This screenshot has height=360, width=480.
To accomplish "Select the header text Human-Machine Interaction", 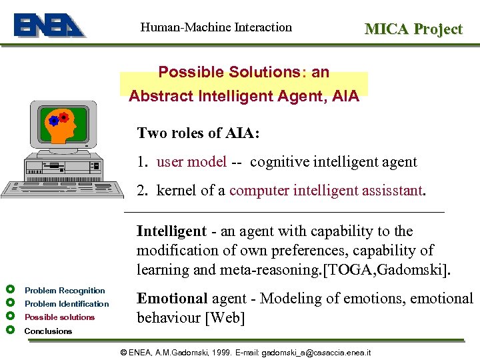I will (216, 27).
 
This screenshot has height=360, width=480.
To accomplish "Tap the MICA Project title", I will (413, 29).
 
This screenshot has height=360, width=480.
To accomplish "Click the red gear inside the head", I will (64, 118).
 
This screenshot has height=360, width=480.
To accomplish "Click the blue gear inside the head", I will (53, 121).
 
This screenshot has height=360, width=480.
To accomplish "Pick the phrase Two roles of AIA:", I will (198, 133).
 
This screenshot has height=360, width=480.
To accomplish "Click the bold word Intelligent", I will (171, 231).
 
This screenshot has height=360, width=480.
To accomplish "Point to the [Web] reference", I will (225, 317).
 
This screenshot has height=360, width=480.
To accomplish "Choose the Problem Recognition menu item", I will (65, 291).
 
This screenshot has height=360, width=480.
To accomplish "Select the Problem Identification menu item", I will (67, 304).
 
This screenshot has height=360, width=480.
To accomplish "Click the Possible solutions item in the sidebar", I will (59, 317).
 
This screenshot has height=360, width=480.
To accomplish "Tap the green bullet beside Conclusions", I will (9, 331).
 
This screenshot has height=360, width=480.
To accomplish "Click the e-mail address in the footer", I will (316, 351).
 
